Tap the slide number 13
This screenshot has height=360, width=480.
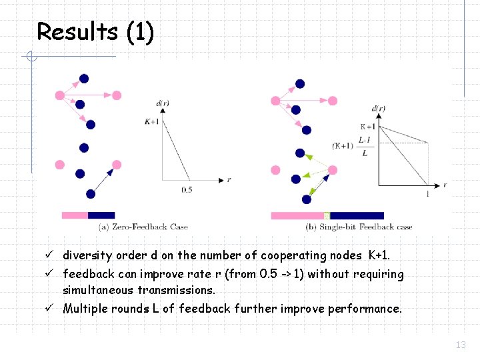point(460,345)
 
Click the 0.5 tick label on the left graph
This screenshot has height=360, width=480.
point(188,190)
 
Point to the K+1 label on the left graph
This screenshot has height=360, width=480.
point(151,121)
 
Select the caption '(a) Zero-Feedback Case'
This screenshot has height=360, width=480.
point(143,227)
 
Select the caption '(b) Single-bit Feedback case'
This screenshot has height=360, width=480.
point(359,227)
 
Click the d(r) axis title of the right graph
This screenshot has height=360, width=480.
point(377,109)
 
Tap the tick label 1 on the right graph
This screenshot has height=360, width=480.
point(427,194)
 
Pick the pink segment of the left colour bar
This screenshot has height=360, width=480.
point(75,215)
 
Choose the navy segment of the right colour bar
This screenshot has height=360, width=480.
point(357,215)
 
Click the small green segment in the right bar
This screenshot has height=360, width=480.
point(327,215)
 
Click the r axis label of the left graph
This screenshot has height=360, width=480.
point(229,180)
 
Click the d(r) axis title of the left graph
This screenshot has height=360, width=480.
point(162,103)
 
